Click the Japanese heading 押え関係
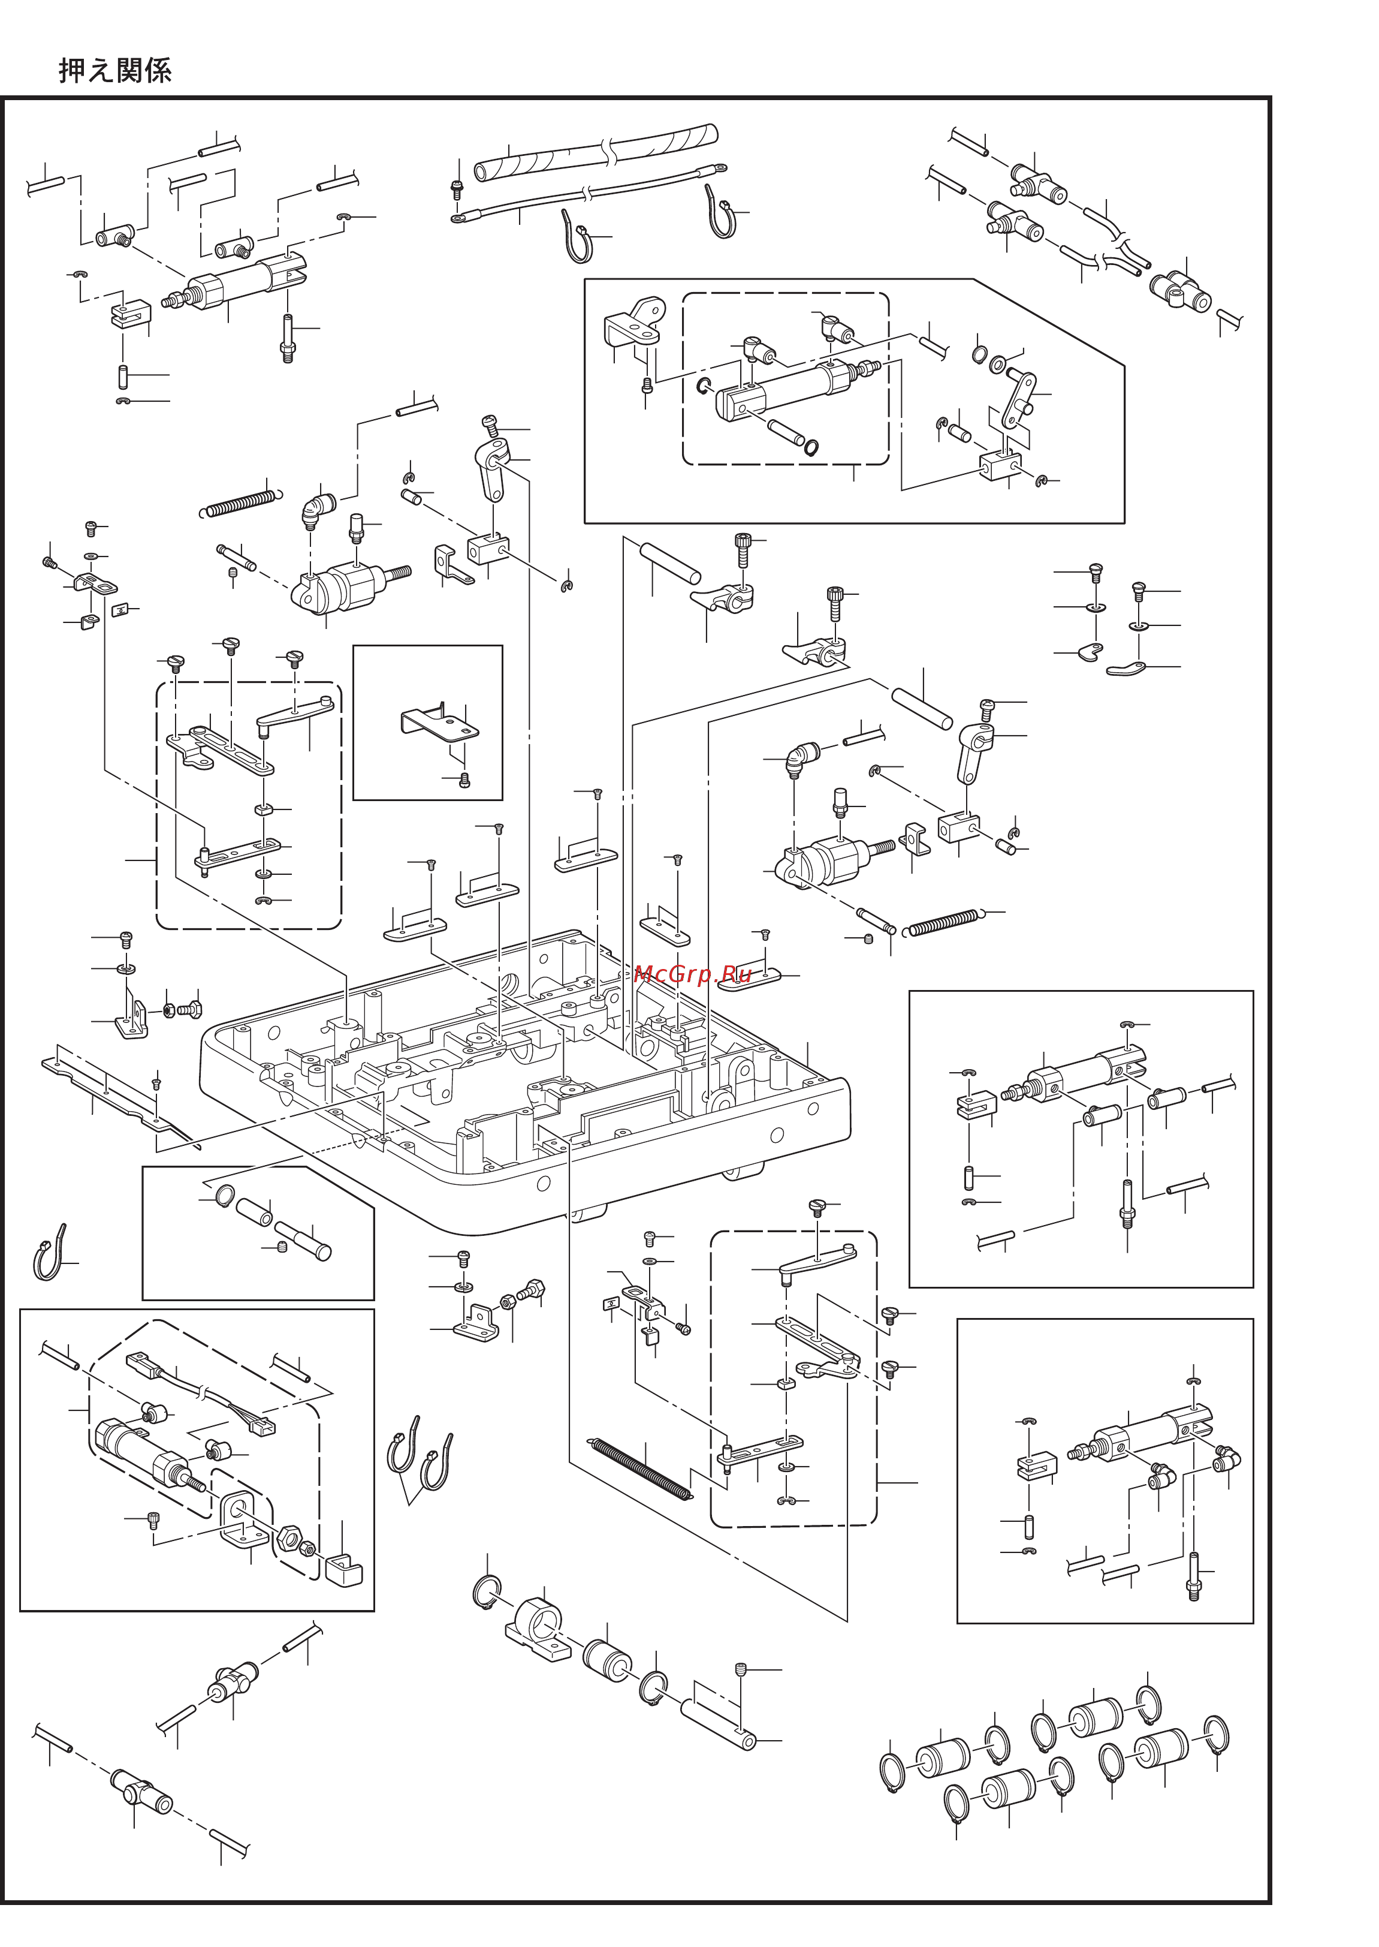(116, 71)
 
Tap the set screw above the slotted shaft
(741, 1670)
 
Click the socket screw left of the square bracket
(153, 1519)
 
